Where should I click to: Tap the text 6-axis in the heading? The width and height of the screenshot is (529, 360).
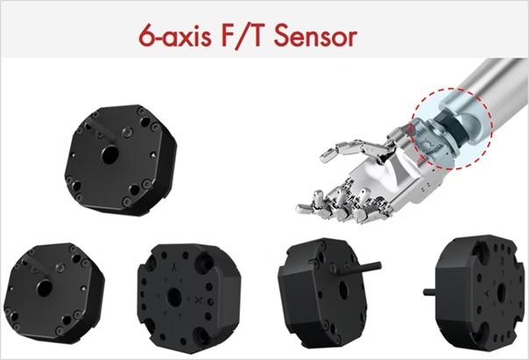175,36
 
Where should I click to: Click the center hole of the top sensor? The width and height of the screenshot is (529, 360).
110,154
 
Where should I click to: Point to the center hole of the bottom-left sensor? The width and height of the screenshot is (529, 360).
45,288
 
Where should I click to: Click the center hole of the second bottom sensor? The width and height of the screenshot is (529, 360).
174,297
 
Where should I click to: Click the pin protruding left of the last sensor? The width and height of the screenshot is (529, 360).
430,292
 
